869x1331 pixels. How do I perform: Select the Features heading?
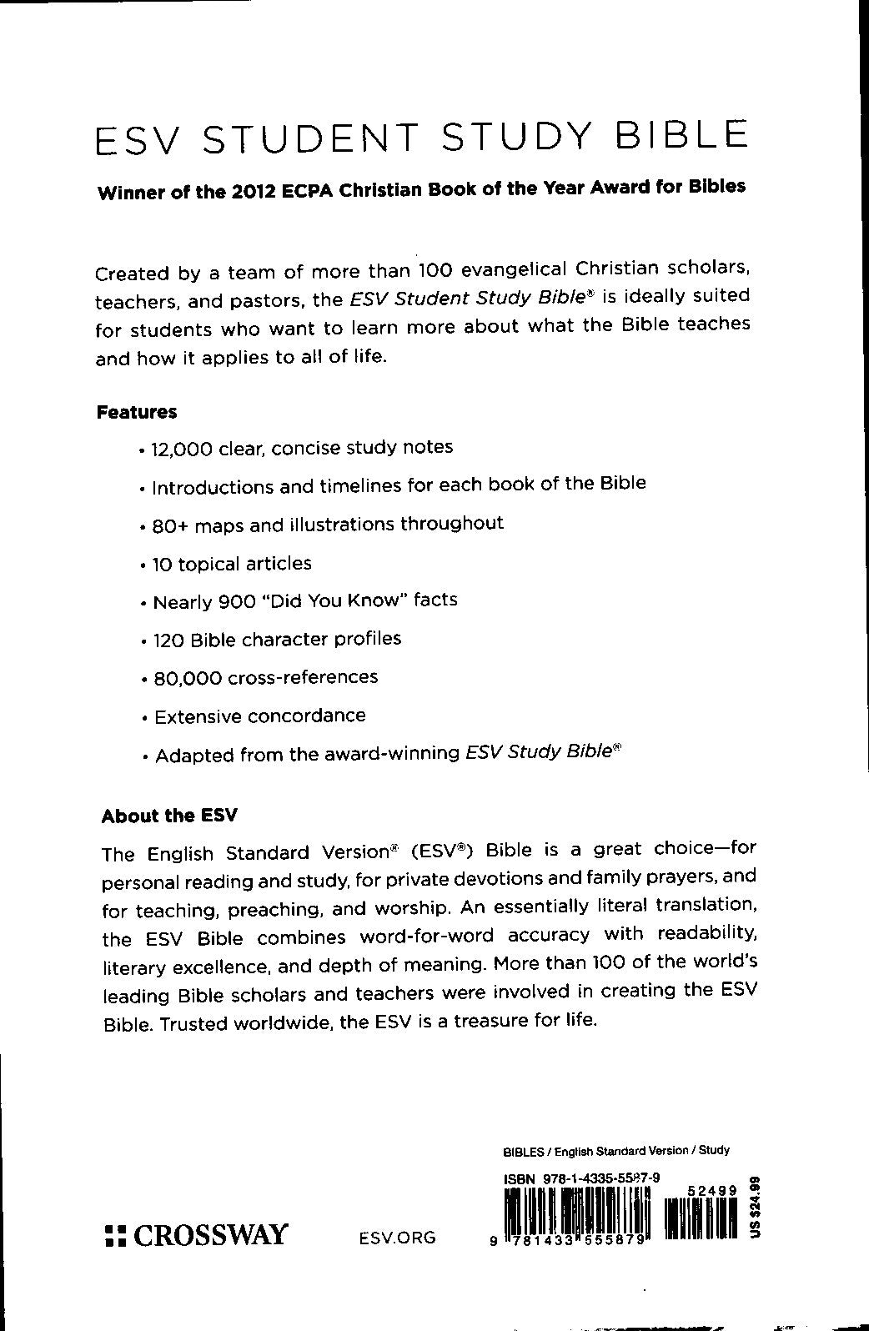click(x=137, y=412)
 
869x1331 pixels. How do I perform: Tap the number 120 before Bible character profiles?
click(x=169, y=640)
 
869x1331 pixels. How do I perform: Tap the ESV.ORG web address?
click(x=397, y=1238)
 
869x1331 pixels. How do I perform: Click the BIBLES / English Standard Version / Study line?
click(x=616, y=1151)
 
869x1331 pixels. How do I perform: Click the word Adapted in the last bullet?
click(x=193, y=756)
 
